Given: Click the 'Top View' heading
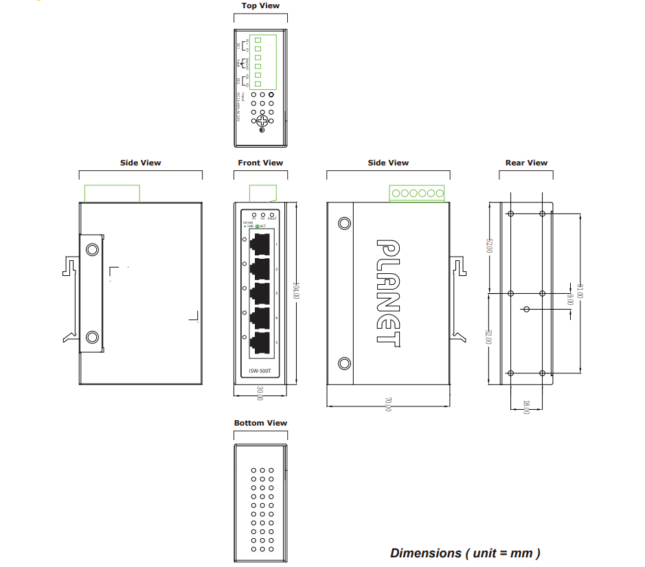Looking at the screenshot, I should click(260, 5).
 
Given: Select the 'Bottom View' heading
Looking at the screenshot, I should click(260, 423).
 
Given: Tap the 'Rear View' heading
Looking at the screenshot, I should click(526, 163).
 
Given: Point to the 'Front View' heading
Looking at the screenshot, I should click(260, 163).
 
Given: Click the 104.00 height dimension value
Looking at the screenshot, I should click(296, 289).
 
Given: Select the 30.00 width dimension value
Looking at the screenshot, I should click(260, 393).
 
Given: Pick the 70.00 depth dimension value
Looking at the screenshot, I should click(388, 404).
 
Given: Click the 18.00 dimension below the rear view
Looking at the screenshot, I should click(526, 407).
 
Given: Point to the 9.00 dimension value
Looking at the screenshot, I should click(569, 299).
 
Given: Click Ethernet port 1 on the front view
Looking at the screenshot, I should click(261, 244).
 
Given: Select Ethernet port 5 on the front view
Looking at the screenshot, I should click(261, 343).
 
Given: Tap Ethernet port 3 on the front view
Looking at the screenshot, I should click(261, 293).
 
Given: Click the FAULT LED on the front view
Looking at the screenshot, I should click(272, 215).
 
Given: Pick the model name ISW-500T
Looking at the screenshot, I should click(260, 371).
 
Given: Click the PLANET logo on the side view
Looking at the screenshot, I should click(389, 292).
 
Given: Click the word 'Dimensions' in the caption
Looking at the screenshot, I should click(426, 553).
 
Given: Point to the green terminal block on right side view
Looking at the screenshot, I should click(417, 194).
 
